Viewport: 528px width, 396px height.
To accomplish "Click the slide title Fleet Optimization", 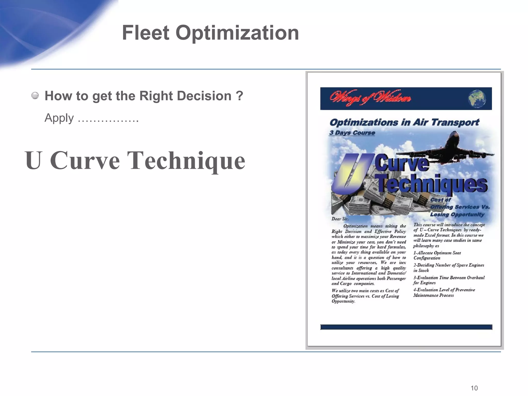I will click(210, 33).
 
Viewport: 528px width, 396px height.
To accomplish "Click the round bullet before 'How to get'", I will click(35, 96).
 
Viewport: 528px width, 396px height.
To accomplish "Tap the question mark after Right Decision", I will click(239, 96).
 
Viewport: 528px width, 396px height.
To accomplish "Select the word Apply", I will click(59, 118).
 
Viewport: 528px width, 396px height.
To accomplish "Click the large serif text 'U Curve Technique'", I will click(135, 160).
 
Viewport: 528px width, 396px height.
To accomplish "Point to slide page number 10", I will click(474, 388).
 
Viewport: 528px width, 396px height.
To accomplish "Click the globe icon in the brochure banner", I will click(477, 99).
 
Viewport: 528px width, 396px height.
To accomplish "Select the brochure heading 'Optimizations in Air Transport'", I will click(404, 122).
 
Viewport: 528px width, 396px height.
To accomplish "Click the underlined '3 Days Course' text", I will click(352, 133).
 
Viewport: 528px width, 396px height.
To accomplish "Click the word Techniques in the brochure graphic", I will click(431, 184).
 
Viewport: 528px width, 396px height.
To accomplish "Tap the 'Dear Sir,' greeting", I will click(340, 219).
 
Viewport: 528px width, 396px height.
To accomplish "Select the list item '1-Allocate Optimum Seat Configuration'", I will click(437, 255).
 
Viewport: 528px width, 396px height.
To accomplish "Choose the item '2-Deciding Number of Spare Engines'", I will click(449, 268).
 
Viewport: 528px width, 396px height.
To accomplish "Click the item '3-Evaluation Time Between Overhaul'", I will click(449, 280).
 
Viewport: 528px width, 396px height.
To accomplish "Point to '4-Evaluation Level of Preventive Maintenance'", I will click(444, 292).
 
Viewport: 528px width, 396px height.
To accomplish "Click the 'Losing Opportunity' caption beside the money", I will click(457, 214).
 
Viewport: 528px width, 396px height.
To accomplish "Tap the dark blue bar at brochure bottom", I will click(406, 327).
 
